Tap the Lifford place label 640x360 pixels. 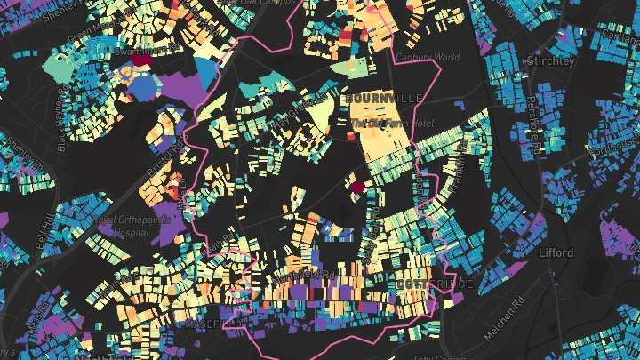(x=556, y=252)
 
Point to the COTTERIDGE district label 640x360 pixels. (x=436, y=284)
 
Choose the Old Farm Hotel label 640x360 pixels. (x=391, y=123)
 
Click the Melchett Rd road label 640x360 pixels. (x=514, y=315)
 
